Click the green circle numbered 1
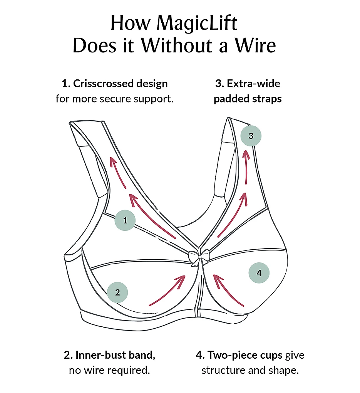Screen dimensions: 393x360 click(125, 221)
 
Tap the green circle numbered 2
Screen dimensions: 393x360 click(117, 292)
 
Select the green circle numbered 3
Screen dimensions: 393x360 click(251, 136)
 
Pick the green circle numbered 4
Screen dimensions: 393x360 click(259, 273)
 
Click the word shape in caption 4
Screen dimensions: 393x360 click(285, 371)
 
